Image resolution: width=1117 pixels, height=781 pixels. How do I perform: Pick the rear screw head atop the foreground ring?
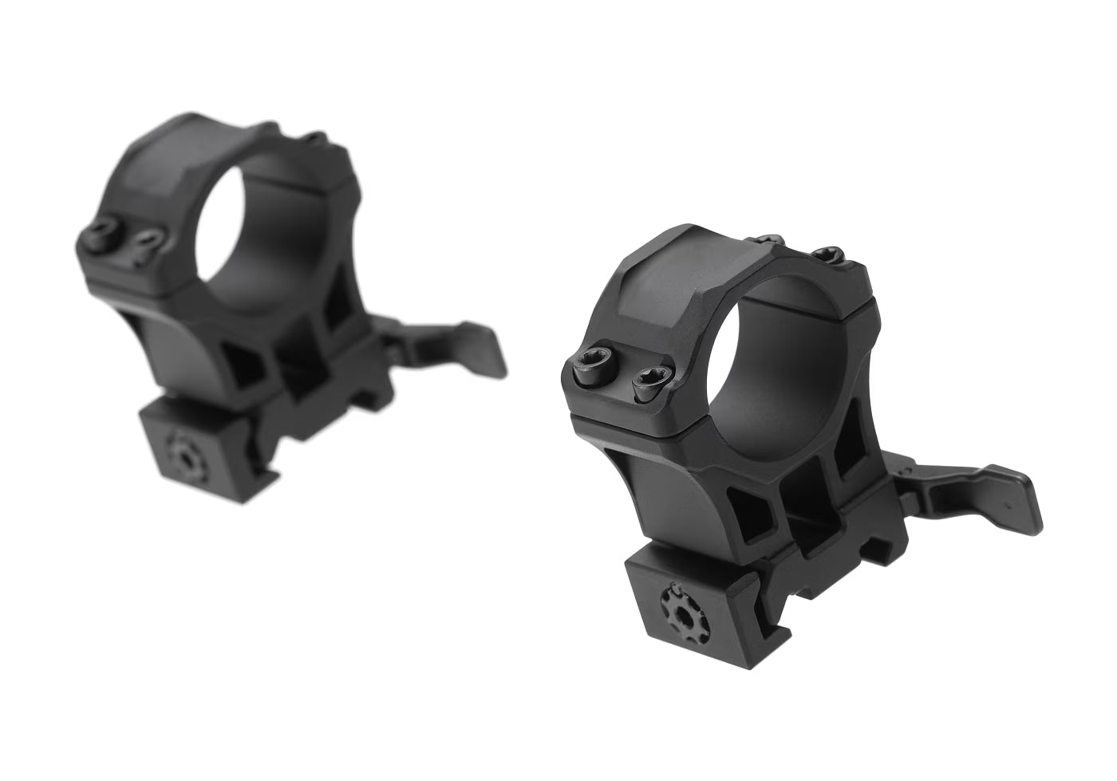pos(827,255)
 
